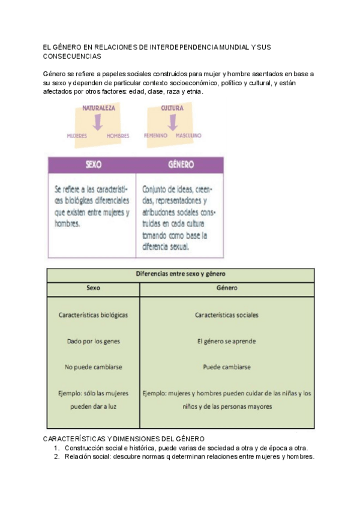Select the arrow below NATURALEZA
[x=98, y=122]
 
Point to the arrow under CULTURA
[x=172, y=122]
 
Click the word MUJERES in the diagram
[x=77, y=136]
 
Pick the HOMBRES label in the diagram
[x=118, y=136]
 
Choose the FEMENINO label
[x=155, y=136]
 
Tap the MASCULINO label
[x=188, y=136]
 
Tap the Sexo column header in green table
[x=93, y=288]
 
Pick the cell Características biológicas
[x=93, y=315]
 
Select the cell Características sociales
[x=227, y=315]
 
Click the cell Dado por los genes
[x=93, y=341]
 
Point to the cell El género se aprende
[x=227, y=341]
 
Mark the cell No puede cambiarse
[x=93, y=367]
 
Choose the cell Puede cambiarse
[x=227, y=367]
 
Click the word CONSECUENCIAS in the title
[x=73, y=56]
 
